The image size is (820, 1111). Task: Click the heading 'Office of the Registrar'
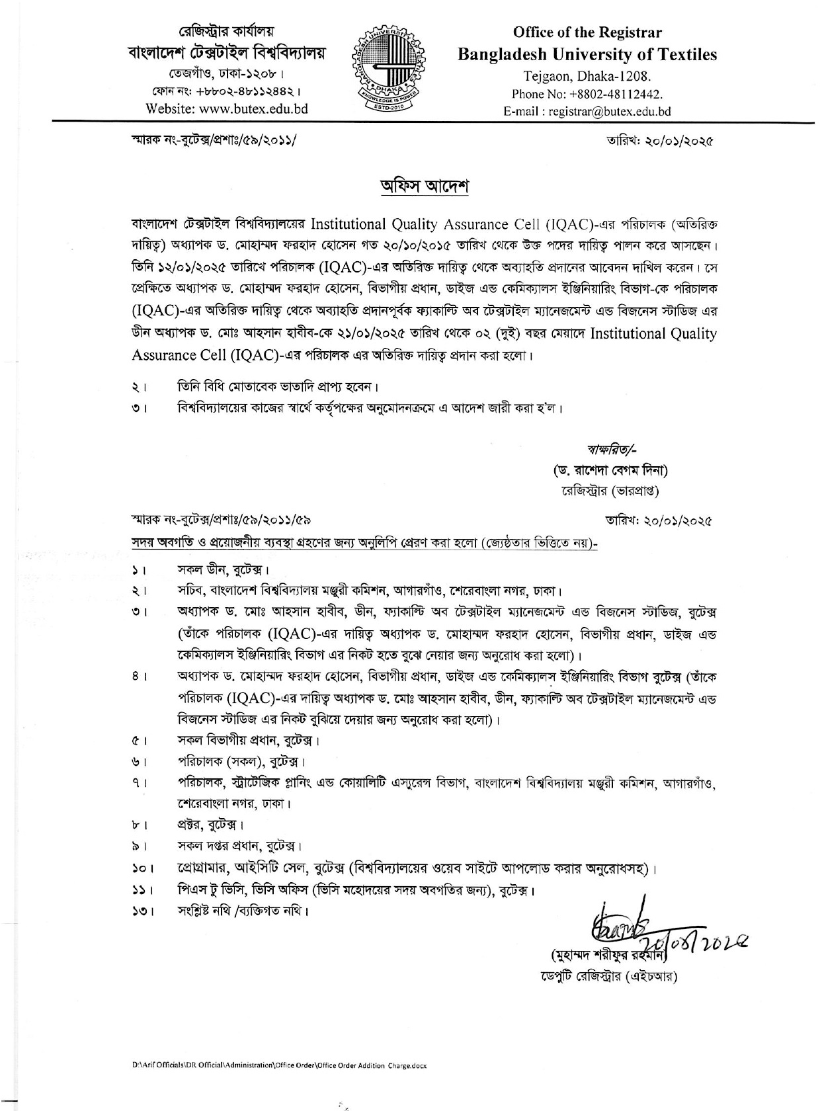tap(587, 32)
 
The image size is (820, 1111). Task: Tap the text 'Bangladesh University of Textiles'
tap(587, 54)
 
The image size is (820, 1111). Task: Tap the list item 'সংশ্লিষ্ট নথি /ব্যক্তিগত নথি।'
tap(243, 911)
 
